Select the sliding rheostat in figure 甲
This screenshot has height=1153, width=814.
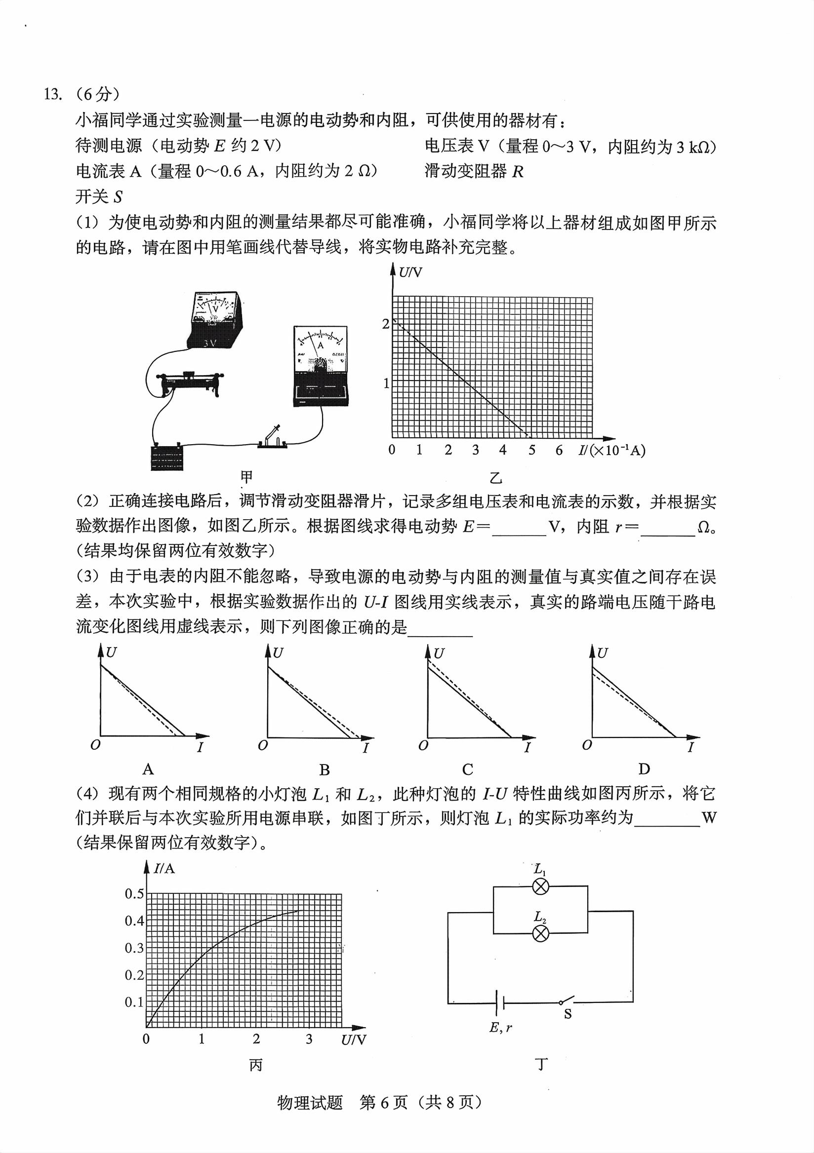[190, 384]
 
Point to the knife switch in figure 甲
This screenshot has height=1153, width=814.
[272, 437]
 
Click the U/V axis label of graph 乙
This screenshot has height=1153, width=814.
[410, 272]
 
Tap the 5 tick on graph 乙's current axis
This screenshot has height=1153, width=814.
[531, 450]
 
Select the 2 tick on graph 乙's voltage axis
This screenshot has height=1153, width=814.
[385, 324]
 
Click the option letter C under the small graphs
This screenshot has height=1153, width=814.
[467, 769]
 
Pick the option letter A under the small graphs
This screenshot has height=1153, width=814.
[148, 769]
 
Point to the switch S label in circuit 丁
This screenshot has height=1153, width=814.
[568, 1014]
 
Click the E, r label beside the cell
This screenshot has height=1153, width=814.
[500, 1028]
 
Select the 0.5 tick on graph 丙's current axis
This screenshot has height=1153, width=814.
[134, 893]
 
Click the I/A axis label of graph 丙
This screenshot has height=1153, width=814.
[164, 868]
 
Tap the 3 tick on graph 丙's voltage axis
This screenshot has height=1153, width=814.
[309, 1039]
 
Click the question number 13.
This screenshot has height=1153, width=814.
[53, 94]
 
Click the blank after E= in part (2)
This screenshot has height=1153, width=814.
[519, 527]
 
